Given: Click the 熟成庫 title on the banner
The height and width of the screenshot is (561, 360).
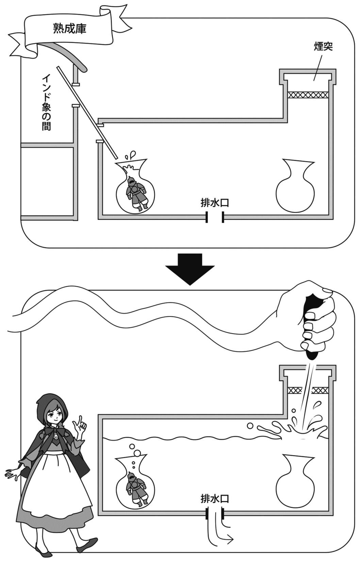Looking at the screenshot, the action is point(70,28).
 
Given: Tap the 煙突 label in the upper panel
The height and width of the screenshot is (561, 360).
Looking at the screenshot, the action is point(323,47).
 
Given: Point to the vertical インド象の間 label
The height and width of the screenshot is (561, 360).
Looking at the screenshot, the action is point(46,102).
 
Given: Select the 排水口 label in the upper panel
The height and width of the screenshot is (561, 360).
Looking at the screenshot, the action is point(215,203).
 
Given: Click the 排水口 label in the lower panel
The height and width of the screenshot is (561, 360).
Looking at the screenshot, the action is point(215,499).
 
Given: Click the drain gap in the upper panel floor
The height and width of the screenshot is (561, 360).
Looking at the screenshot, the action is point(215,217).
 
